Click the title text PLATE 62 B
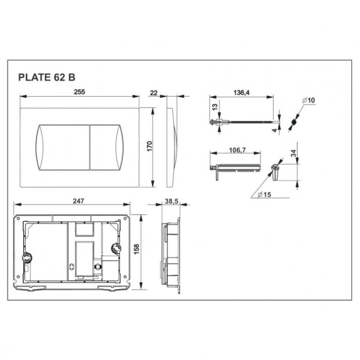pyautogui.click(x=46, y=77)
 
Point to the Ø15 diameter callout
pyautogui.click(x=263, y=194)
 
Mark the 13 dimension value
pyautogui.click(x=215, y=109)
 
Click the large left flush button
pyautogui.click(x=63, y=145)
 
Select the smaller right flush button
pyautogui.click(x=106, y=145)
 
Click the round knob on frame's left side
pyautogui.click(x=26, y=259)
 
